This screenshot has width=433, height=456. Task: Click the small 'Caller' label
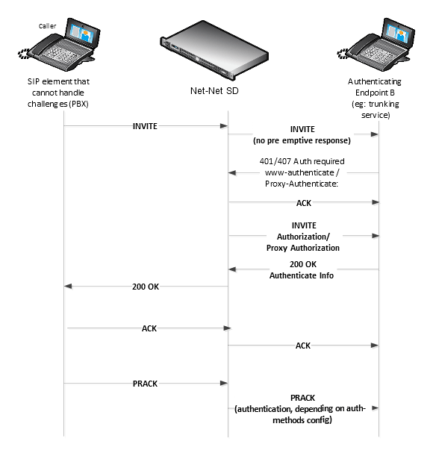click(x=48, y=25)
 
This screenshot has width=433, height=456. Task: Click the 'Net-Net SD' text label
click(x=216, y=90)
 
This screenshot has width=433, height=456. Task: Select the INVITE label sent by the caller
click(x=145, y=126)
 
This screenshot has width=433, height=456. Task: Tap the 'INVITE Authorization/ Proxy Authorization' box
click(x=303, y=237)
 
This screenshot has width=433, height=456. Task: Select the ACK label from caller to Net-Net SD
click(x=149, y=328)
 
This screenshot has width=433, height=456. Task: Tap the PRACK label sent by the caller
click(x=146, y=384)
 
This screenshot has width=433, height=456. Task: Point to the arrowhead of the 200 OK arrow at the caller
click(x=69, y=287)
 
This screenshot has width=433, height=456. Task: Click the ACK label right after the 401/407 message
click(x=303, y=202)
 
